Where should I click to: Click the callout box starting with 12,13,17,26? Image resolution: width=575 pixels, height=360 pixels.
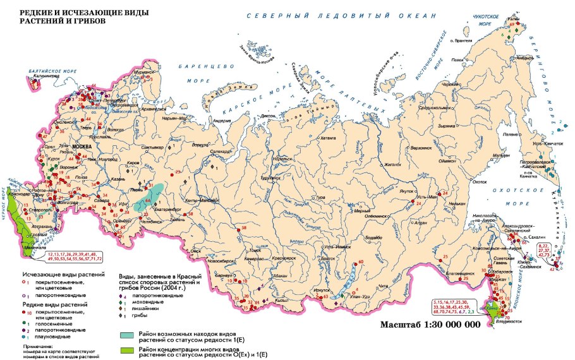75,256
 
